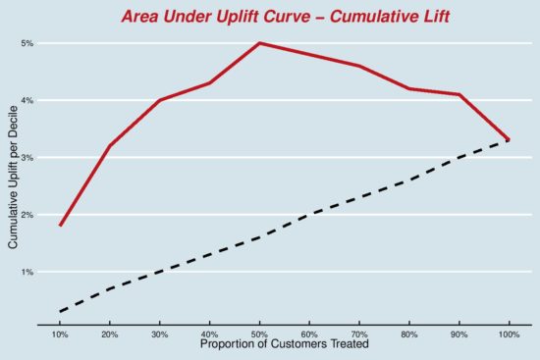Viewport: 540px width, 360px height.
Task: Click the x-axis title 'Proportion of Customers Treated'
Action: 284,344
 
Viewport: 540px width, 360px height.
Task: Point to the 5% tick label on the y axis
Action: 27,43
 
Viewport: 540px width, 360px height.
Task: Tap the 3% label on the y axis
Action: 27,158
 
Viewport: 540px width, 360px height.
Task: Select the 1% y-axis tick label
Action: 27,272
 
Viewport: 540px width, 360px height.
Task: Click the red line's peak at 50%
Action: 259,43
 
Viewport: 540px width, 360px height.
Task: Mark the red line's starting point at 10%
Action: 60,226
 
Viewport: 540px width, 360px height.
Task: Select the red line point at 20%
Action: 110,146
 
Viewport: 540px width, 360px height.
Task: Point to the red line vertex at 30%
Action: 160,100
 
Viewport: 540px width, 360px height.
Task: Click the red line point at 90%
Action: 459,94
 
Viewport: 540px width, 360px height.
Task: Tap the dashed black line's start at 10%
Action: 60,311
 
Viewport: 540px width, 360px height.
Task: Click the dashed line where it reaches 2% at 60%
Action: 309,214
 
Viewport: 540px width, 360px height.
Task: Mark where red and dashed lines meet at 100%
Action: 508,140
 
